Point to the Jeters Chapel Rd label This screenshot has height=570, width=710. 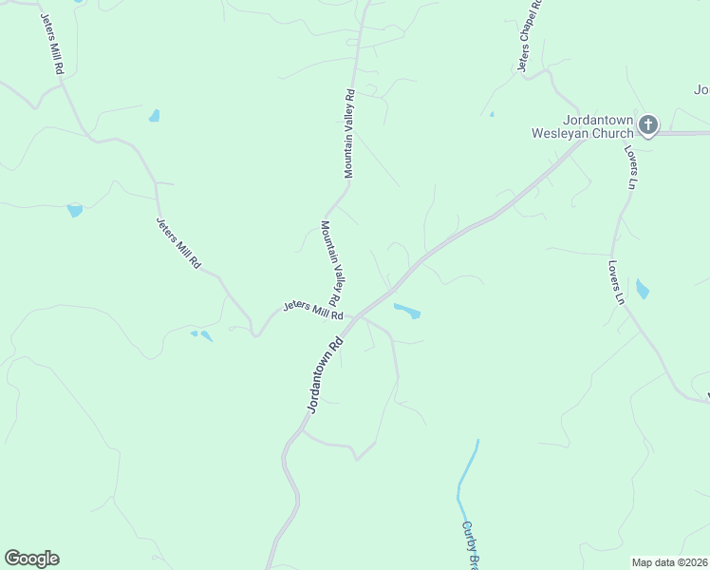(527, 36)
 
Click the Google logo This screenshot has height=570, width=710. (31, 559)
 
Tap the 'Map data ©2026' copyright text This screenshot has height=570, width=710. (670, 562)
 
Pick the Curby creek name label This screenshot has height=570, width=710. (470, 543)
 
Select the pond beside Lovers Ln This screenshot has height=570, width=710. (643, 289)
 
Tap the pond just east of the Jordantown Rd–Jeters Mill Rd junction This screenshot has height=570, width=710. (407, 311)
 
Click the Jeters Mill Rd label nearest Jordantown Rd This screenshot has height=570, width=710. (312, 311)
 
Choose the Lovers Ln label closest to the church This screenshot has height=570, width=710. (629, 166)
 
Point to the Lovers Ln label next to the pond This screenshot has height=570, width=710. (617, 282)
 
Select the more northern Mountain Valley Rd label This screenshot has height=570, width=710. (349, 133)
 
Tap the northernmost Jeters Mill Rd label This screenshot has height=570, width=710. (51, 43)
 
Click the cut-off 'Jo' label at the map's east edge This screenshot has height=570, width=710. (701, 90)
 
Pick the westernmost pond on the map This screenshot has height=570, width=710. (74, 210)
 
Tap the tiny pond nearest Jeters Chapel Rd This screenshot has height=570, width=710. (492, 115)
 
